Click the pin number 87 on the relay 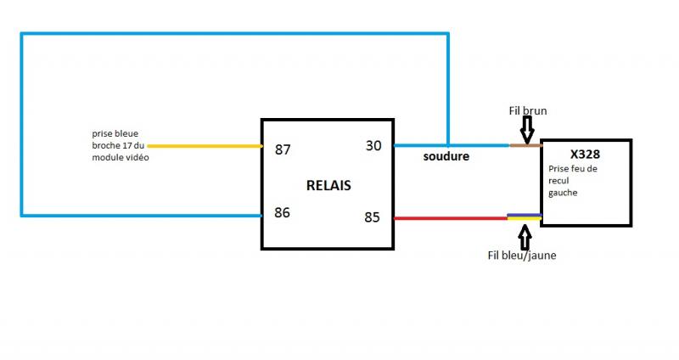pos(283,149)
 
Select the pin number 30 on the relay pos(373,145)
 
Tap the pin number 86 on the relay pos(283,212)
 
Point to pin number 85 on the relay pos(372,217)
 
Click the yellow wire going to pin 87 pos(204,145)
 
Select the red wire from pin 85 pos(450,217)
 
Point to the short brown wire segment pos(525,145)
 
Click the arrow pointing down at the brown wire pos(526,129)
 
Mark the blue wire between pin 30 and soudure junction pos(421,145)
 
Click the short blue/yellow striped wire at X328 pos(524,217)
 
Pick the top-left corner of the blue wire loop pos(22,35)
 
